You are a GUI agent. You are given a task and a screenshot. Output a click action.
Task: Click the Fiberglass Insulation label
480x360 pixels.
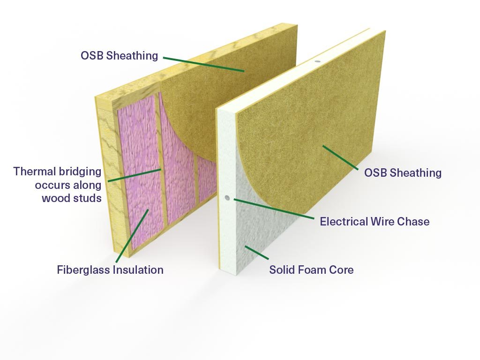(110, 270)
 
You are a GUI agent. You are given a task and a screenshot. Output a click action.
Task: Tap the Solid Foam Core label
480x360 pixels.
(311, 270)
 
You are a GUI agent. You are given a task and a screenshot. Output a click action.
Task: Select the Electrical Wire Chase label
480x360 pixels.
(375, 221)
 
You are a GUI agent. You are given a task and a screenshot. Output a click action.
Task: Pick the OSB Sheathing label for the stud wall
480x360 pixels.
(120, 55)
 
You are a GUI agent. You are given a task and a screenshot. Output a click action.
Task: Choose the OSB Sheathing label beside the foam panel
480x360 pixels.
(403, 172)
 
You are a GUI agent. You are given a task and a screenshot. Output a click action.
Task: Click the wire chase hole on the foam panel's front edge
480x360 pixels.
(227, 198)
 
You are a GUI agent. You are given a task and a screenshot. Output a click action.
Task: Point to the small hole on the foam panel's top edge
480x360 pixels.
(318, 61)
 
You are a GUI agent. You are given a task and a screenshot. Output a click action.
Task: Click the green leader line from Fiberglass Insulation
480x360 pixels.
(132, 236)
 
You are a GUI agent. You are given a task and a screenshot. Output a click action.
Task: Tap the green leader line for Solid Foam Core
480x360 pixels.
(256, 253)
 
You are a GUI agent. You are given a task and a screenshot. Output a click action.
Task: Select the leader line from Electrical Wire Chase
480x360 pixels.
(274, 209)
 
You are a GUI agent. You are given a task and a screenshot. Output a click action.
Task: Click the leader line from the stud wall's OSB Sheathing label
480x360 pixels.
(203, 64)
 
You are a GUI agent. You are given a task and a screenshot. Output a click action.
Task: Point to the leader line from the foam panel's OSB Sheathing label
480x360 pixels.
(340, 157)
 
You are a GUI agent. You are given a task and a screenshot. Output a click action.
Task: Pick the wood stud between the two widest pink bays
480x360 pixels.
(162, 159)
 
